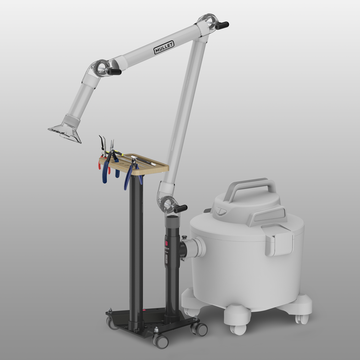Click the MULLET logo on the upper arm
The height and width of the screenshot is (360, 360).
[164, 48]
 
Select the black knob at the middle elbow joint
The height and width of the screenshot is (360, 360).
[114, 71]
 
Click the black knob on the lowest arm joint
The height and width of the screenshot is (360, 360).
[180, 209]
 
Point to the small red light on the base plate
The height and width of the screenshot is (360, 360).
[144, 310]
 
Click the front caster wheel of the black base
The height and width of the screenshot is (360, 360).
[161, 341]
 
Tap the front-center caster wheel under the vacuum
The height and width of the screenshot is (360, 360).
[237, 328]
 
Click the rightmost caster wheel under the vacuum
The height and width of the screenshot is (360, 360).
[303, 318]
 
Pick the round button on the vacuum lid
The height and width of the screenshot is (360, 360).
[218, 211]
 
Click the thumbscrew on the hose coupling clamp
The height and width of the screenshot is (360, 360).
[184, 237]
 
